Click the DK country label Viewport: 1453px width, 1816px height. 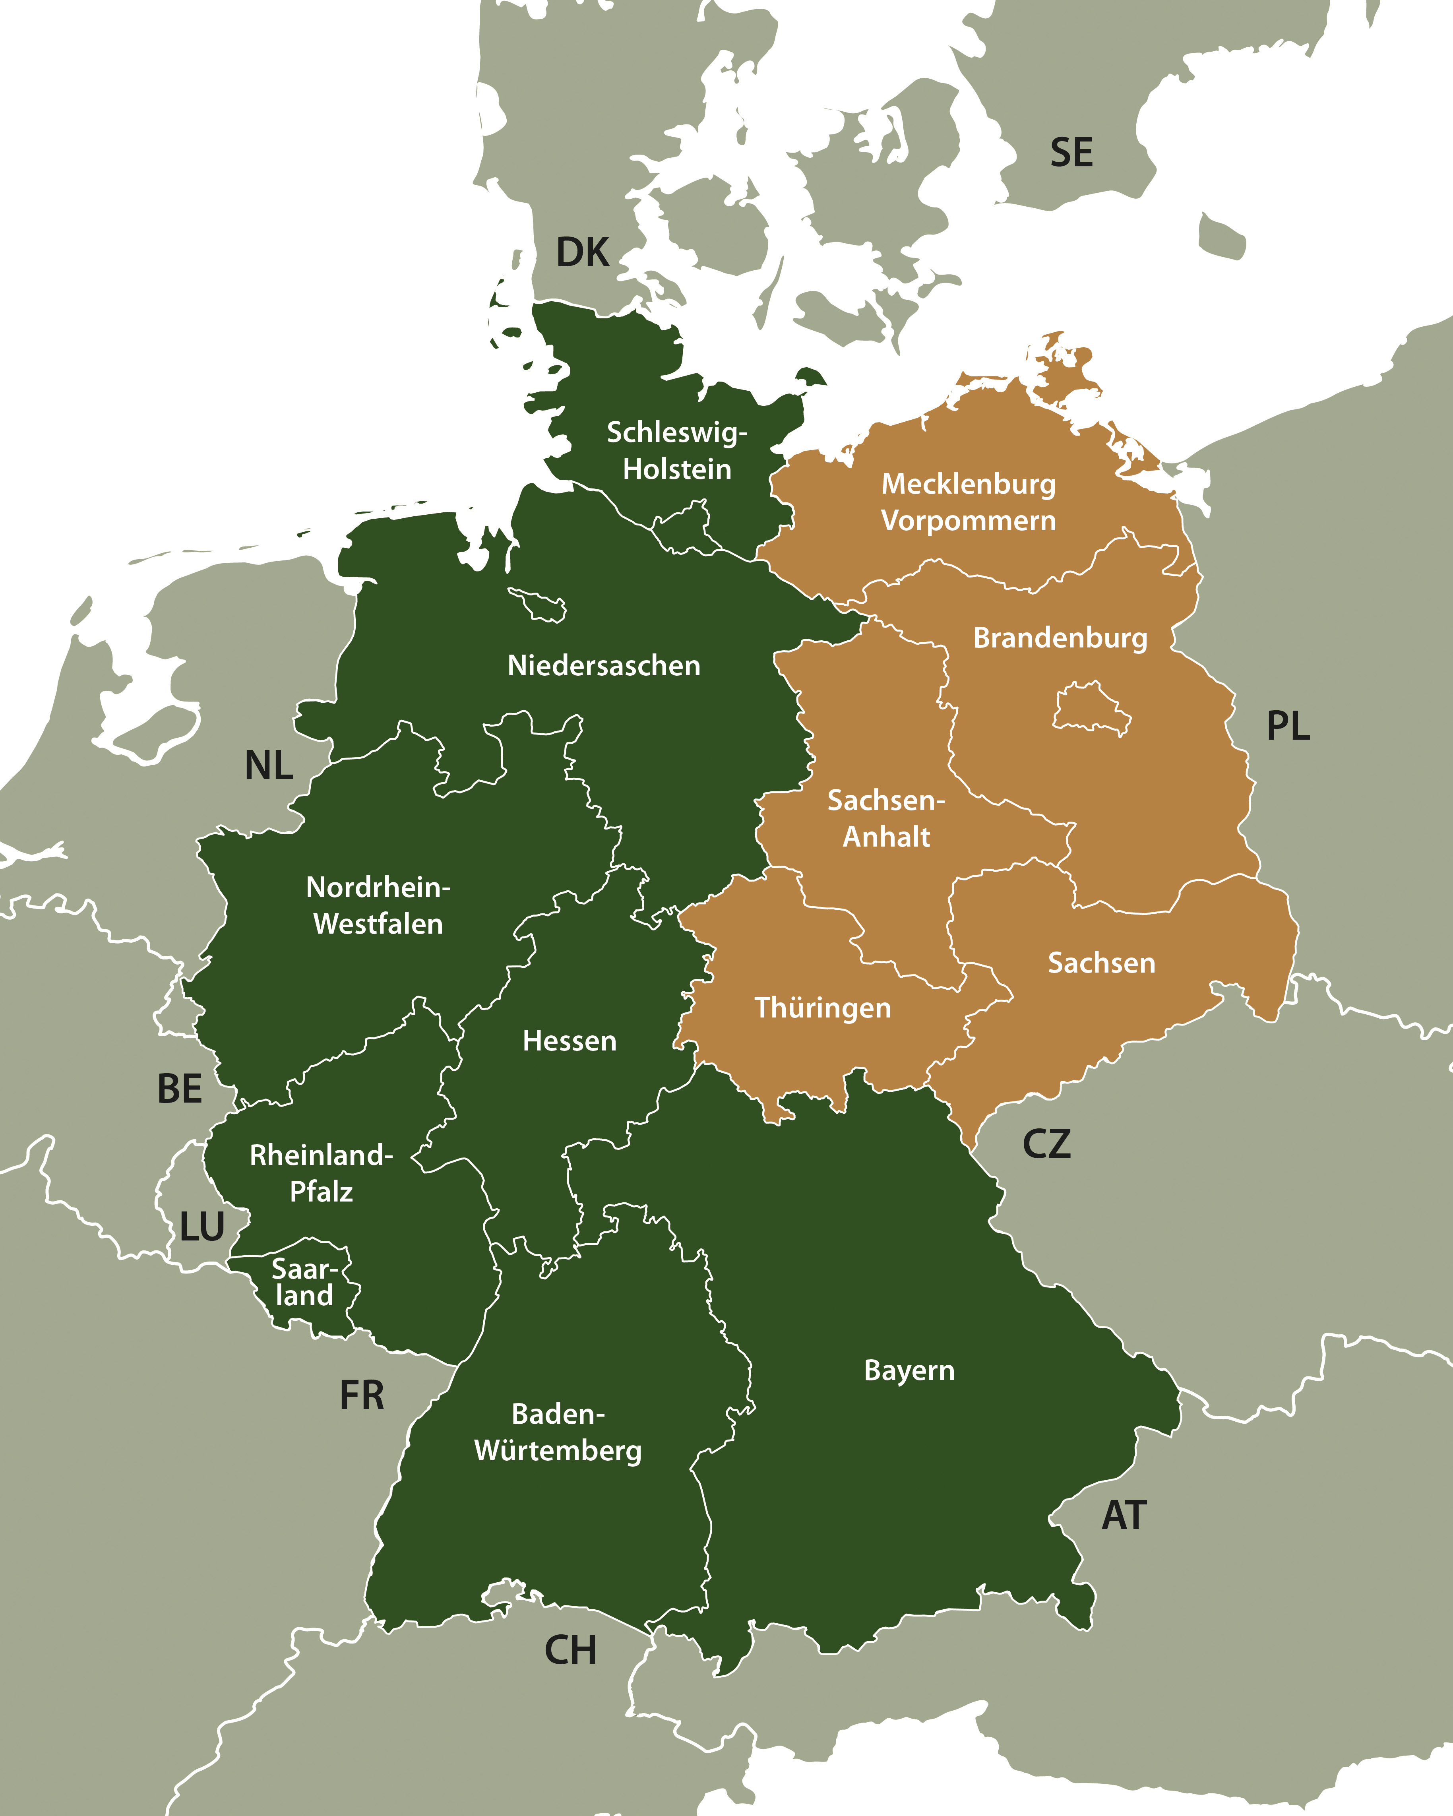(582, 253)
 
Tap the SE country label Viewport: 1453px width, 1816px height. (1071, 153)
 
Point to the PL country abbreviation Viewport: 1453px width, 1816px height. (1288, 726)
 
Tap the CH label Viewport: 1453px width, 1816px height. (570, 1650)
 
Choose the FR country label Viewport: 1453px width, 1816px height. (361, 1396)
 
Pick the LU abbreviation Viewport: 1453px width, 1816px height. (202, 1227)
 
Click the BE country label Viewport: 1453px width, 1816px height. (179, 1089)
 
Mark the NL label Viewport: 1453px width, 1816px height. (269, 766)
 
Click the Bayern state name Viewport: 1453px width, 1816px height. (909, 1370)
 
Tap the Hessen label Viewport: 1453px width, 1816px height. (570, 1041)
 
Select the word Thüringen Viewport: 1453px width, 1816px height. (822, 1008)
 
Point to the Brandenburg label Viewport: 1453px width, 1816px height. (1060, 638)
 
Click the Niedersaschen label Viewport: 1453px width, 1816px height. (603, 665)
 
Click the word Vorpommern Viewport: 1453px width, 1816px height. (968, 521)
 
